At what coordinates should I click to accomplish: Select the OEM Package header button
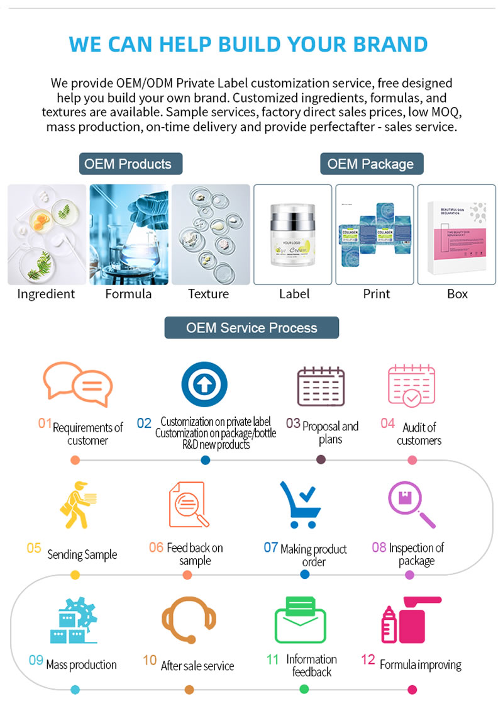click(x=371, y=164)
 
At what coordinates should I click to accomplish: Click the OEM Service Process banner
click(x=251, y=328)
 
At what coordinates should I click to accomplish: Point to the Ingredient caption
click(x=46, y=294)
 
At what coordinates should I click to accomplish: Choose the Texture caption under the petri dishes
click(x=209, y=294)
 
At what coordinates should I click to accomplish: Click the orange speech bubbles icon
click(x=77, y=384)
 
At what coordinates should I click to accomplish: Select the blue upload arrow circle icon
click(x=204, y=384)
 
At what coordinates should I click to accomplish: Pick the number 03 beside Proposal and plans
click(x=293, y=423)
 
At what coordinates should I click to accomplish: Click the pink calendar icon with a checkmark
click(x=412, y=385)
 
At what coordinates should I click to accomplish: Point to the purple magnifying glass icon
click(x=411, y=504)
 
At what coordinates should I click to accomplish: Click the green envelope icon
click(x=301, y=619)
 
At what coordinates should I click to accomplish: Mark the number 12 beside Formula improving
click(x=368, y=660)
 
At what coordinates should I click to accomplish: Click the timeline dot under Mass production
click(x=75, y=690)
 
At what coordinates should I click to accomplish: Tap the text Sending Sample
click(x=82, y=555)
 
